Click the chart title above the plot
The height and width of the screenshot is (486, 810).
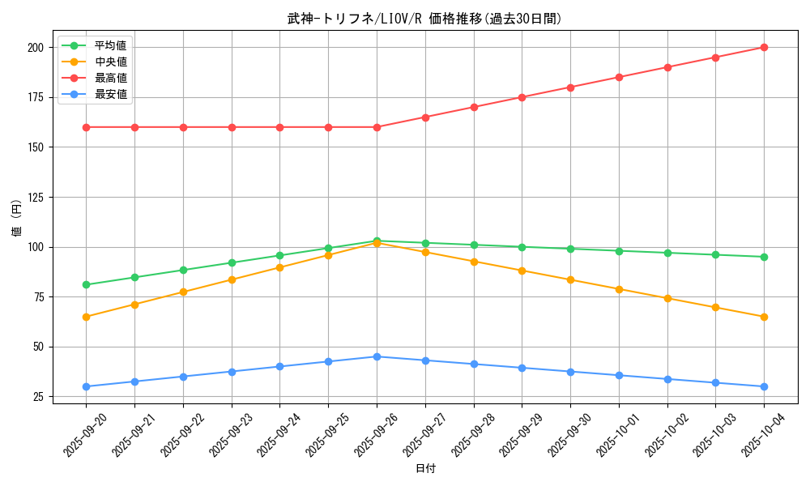coord(424,19)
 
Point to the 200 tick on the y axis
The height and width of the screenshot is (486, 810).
coord(35,48)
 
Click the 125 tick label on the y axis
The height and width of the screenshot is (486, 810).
coord(35,198)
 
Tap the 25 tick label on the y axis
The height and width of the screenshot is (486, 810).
coord(38,397)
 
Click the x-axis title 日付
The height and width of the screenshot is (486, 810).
coord(425,469)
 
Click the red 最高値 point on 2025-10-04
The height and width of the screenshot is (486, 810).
coord(764,47)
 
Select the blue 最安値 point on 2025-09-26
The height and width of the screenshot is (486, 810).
coord(377,356)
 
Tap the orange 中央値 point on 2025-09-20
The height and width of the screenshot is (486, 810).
coord(86,317)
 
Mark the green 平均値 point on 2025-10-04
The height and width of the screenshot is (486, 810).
coord(764,257)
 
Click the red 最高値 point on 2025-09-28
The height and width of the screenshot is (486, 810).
coord(474,107)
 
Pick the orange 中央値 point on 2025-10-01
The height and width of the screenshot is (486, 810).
coord(619,289)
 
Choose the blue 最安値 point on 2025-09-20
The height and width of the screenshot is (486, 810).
coord(86,386)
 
